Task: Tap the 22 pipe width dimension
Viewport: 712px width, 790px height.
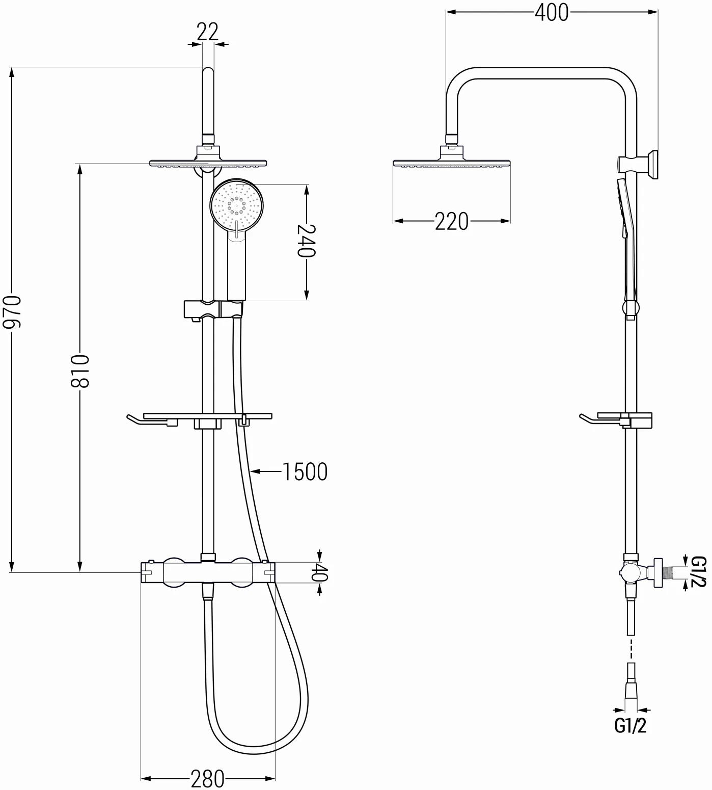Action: click(207, 32)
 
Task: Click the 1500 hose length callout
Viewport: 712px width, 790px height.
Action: click(305, 472)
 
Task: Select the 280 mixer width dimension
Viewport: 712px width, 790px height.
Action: click(207, 778)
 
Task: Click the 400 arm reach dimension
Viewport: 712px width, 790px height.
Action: click(552, 12)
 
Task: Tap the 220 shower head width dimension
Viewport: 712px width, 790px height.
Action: click(451, 221)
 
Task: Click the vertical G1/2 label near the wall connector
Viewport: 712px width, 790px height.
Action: click(698, 571)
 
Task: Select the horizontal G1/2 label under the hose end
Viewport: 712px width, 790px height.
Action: click(631, 725)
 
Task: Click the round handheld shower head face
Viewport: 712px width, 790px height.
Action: click(236, 204)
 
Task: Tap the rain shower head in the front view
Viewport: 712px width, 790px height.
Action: click(208, 163)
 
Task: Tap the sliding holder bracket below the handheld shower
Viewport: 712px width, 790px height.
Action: click(212, 309)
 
